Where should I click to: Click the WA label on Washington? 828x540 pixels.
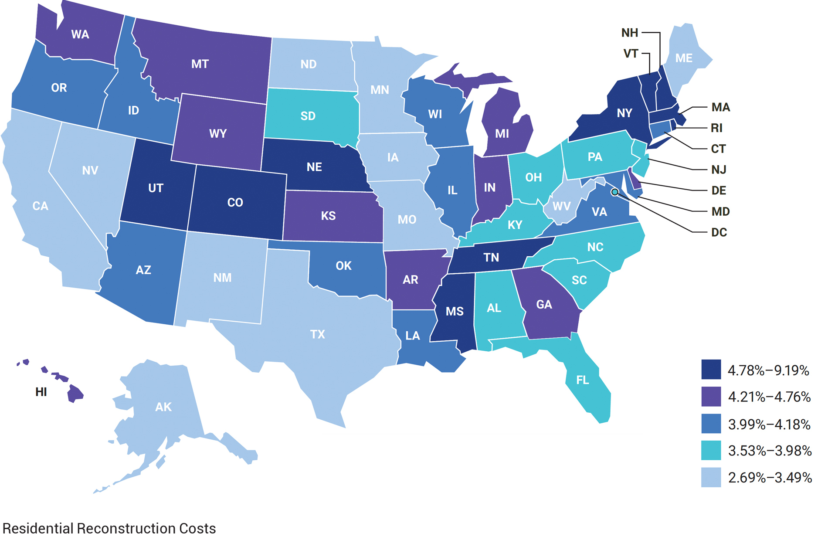[x=80, y=34]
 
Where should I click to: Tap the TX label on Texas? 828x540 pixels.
[x=317, y=334]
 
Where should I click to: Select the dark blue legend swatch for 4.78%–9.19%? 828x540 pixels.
[x=711, y=370]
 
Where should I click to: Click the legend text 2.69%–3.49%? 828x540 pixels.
[x=770, y=478]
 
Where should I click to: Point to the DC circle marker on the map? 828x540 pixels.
[x=614, y=192]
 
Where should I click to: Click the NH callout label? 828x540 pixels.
[x=629, y=33]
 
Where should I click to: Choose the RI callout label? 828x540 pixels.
[x=716, y=128]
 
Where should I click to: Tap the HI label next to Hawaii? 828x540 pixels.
[x=41, y=392]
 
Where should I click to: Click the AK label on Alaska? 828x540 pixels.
[x=163, y=407]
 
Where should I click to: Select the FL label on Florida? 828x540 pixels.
[x=582, y=380]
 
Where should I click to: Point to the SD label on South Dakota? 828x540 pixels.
[x=308, y=116]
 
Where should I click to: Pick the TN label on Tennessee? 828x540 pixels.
[x=491, y=257]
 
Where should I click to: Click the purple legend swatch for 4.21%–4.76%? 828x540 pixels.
[x=711, y=397]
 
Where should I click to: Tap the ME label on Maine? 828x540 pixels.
[x=683, y=58]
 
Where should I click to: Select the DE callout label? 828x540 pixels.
[x=719, y=190]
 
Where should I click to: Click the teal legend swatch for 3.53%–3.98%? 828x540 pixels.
[x=711, y=450]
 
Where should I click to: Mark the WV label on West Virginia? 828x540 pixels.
[x=561, y=206]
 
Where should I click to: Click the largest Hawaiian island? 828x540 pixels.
[x=75, y=394]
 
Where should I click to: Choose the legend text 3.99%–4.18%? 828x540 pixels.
[x=769, y=424]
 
